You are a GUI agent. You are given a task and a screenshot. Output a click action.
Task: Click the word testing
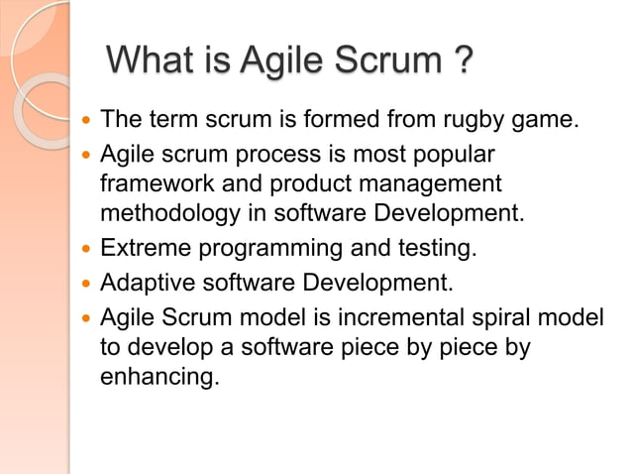coord(437,248)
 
